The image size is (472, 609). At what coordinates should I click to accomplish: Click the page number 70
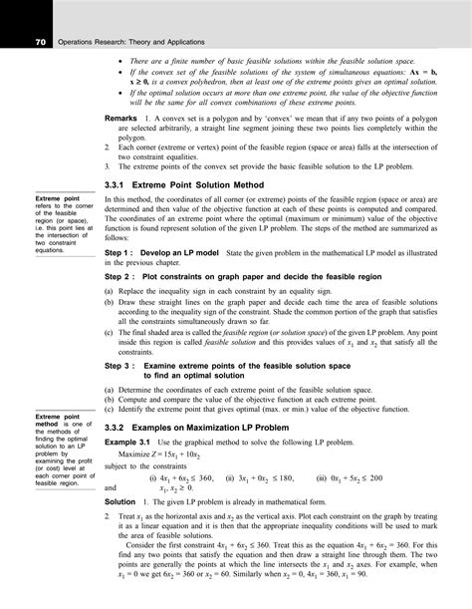pos(41,42)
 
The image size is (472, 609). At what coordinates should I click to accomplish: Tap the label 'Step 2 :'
pos(124,275)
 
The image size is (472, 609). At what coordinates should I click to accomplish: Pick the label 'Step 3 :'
pos(124,366)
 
